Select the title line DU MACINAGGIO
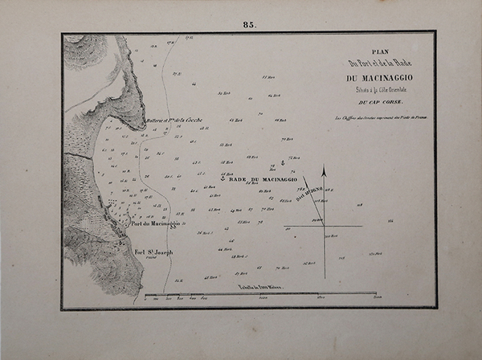pos(374,78)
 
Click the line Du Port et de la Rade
pos(374,63)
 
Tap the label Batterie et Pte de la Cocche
pos(176,120)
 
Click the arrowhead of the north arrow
pos(325,170)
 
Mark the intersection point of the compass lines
pos(325,226)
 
